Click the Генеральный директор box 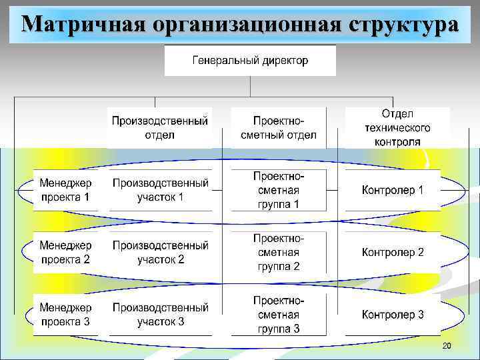tap(250, 61)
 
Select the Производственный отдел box tap(160, 127)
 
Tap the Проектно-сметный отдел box tap(279, 127)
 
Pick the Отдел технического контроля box tap(397, 127)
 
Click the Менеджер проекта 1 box tap(65, 190)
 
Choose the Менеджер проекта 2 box tap(65, 253)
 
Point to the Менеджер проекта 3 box tap(65, 315)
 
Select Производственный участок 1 tap(160, 190)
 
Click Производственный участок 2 tap(160, 253)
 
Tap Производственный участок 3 tap(160, 315)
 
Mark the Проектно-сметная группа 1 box tap(279, 190)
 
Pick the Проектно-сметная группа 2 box tap(279, 253)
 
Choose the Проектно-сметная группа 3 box tap(279, 315)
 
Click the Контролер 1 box tap(392, 190)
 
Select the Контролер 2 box tap(392, 253)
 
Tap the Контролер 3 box tap(392, 315)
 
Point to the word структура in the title tap(403, 25)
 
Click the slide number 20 tap(447, 346)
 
